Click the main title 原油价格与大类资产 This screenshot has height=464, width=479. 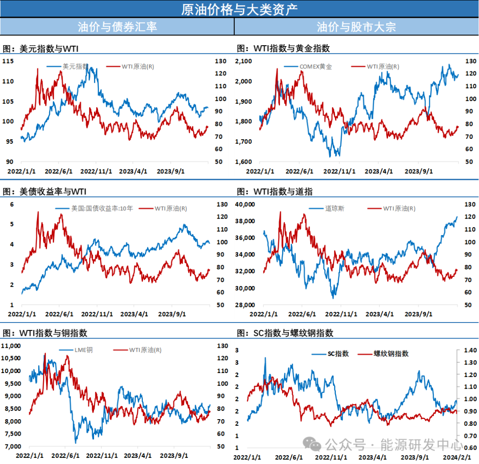click(x=239, y=9)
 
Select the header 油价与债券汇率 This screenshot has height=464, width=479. click(x=117, y=27)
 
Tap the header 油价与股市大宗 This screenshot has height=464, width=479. click(x=356, y=27)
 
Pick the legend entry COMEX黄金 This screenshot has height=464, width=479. click(x=315, y=67)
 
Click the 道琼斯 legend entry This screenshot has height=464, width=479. click(x=335, y=208)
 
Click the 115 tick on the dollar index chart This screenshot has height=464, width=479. click(x=8, y=61)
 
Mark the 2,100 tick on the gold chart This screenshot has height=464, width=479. click(x=243, y=61)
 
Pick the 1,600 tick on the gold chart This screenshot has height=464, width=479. click(x=243, y=161)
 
